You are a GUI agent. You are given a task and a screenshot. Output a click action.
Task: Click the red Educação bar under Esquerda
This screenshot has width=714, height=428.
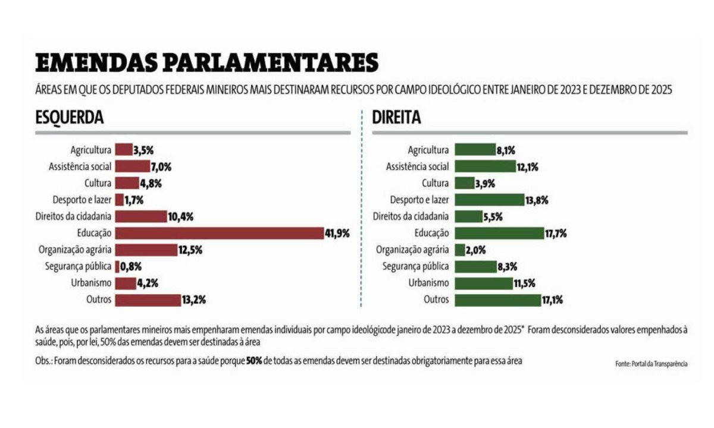point(219,233)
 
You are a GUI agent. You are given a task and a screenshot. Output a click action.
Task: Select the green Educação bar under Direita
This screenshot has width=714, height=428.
point(499,233)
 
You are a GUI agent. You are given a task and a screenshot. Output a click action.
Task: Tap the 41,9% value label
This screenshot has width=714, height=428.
point(337,234)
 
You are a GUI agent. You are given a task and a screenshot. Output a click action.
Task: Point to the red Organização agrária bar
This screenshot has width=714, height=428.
point(146,250)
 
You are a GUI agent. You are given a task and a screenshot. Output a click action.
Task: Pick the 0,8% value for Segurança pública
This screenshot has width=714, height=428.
point(131,267)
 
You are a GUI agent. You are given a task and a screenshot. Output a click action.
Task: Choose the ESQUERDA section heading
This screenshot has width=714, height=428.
point(70,118)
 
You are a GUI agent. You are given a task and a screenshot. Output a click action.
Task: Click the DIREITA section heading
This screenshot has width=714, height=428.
point(396,118)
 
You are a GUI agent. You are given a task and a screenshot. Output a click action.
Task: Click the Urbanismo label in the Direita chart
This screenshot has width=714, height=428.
point(430,283)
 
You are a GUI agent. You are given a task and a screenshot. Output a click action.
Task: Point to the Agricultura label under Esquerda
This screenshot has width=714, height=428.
point(90,150)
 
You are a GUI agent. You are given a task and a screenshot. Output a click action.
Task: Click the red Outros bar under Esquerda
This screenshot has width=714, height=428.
point(148,300)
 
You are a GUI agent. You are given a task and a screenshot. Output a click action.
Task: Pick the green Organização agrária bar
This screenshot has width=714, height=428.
point(460,250)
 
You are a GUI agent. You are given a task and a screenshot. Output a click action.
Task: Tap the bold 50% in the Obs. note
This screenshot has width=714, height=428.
point(255,361)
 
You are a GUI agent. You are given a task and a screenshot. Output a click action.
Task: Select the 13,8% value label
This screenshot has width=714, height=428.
point(537,200)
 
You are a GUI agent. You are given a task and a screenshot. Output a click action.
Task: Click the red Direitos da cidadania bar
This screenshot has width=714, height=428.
point(141,216)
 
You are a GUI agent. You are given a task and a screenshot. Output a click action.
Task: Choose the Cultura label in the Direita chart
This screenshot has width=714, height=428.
point(435,183)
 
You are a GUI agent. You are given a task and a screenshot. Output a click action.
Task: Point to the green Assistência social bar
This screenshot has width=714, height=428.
point(485,166)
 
